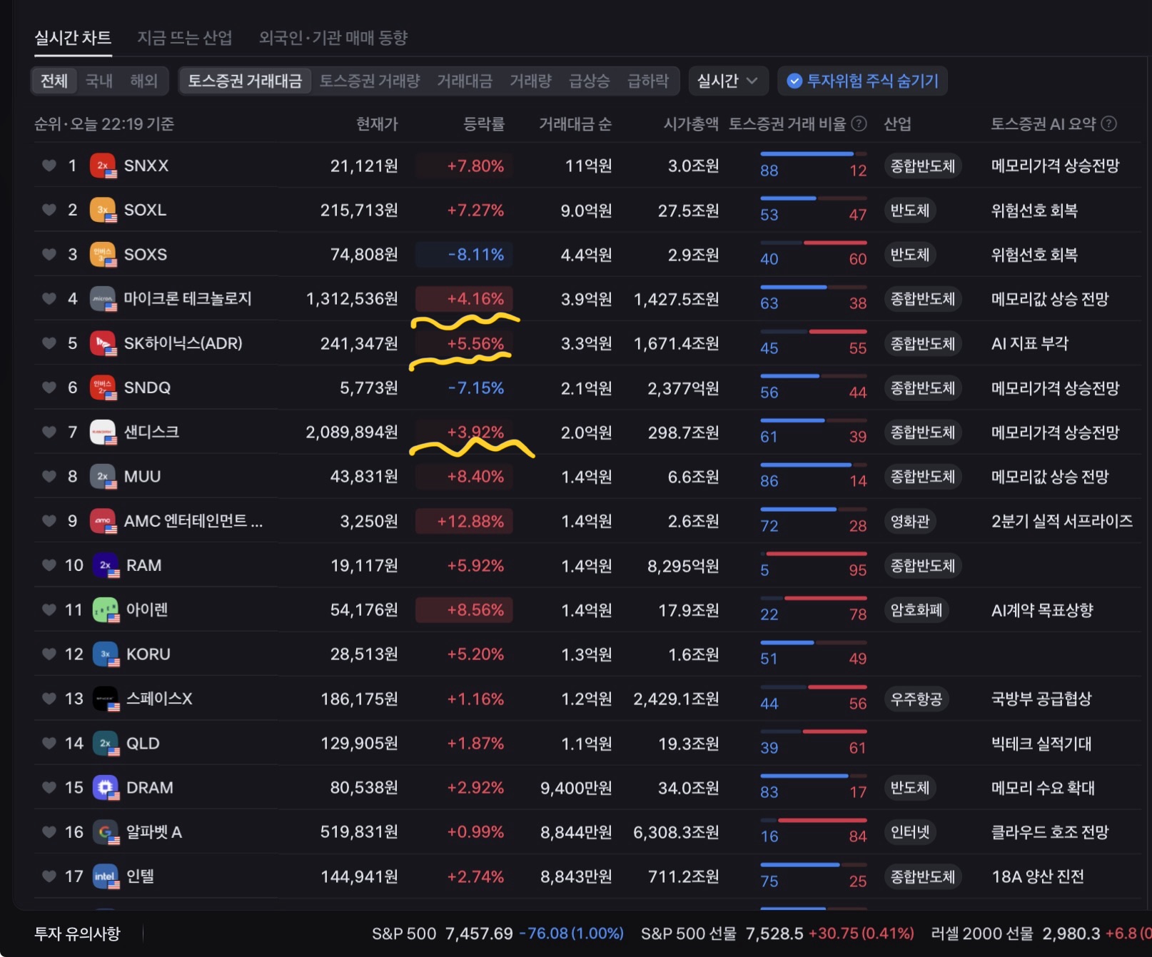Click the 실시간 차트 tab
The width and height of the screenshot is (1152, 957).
tap(73, 38)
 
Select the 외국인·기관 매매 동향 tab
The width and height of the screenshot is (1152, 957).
tap(333, 38)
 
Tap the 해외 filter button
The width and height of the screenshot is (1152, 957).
tap(143, 81)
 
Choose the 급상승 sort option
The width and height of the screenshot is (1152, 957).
tap(589, 81)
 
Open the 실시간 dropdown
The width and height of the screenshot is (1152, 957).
tap(727, 81)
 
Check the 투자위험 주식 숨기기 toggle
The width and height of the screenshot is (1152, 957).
tap(863, 81)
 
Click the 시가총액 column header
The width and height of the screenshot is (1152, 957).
tap(691, 124)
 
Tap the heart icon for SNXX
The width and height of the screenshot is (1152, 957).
tap(49, 166)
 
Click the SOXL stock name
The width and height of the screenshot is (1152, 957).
tap(145, 210)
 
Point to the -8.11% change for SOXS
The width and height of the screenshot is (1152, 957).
tap(475, 255)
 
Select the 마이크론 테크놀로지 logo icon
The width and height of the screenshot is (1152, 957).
tap(103, 299)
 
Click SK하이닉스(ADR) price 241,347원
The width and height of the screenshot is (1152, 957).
tap(359, 343)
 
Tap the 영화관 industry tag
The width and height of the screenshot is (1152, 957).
tap(910, 521)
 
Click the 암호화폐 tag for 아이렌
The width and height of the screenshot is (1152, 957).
tap(916, 610)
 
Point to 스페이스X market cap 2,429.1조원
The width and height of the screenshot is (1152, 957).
tap(676, 699)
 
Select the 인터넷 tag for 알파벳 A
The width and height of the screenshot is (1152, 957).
tap(910, 832)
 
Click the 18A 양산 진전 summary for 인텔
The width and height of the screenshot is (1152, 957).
tap(1038, 876)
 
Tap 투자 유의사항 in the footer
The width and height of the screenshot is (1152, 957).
tap(78, 933)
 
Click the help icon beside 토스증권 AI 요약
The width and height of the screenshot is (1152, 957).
tap(1108, 123)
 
